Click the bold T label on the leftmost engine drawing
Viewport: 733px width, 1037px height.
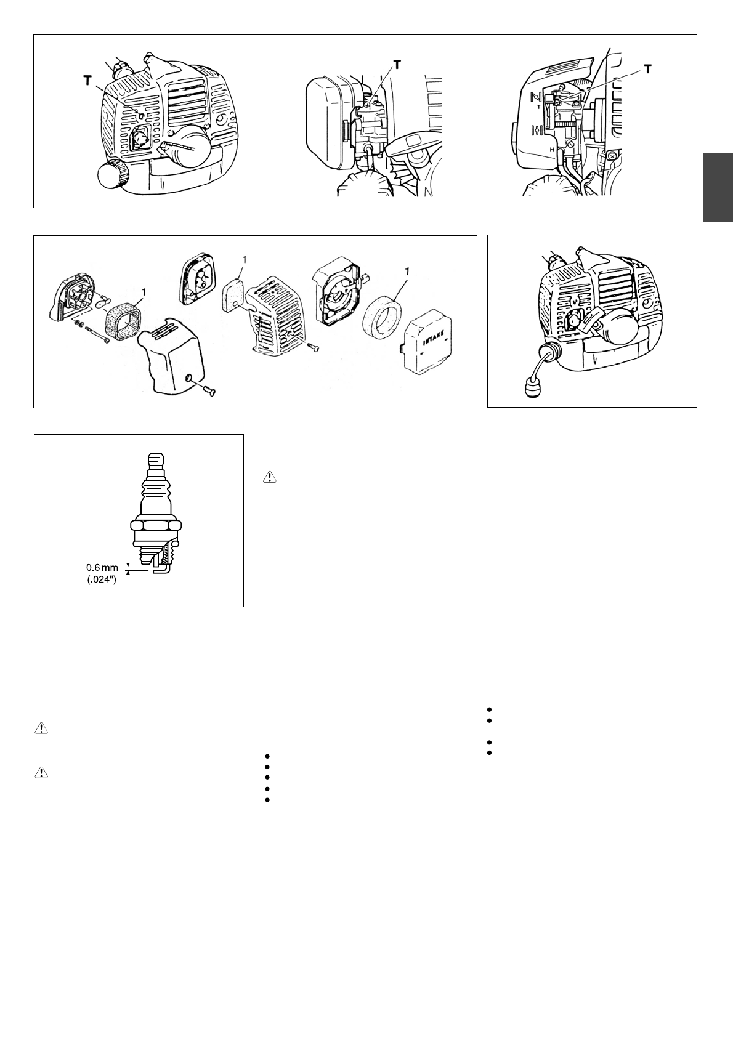click(x=87, y=81)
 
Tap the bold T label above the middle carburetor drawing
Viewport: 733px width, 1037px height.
click(x=397, y=65)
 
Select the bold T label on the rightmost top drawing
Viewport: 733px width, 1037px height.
click(x=648, y=69)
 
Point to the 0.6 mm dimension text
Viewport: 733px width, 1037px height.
click(x=102, y=567)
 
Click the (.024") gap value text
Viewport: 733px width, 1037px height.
click(x=102, y=579)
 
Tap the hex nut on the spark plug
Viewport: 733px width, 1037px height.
click(x=156, y=525)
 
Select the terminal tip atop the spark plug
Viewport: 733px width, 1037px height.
click(x=156, y=460)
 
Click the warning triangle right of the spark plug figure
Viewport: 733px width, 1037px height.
click(x=270, y=477)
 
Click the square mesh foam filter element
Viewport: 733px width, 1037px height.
click(x=122, y=320)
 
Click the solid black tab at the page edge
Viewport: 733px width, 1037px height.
click(x=718, y=187)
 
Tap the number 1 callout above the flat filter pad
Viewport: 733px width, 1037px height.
click(x=244, y=260)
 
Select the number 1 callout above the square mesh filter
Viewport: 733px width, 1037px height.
click(x=144, y=292)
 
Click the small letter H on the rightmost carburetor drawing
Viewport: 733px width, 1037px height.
click(x=553, y=150)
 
